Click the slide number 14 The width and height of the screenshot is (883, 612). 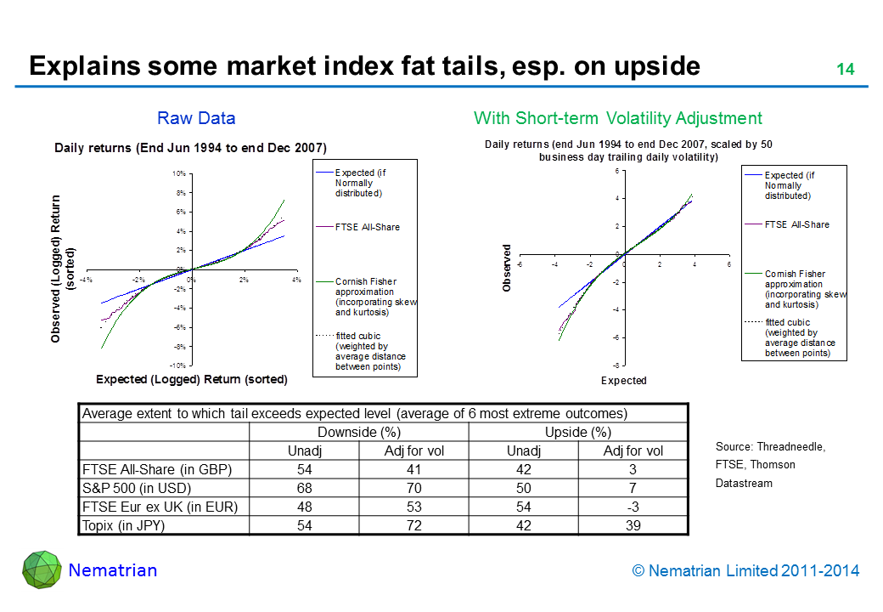click(845, 70)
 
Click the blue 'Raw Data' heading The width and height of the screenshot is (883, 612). click(196, 118)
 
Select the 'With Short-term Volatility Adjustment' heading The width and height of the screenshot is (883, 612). click(617, 118)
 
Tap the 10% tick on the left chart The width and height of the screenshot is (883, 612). click(179, 173)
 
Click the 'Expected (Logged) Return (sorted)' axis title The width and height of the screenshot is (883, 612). click(191, 379)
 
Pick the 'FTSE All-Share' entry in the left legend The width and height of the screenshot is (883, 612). click(367, 227)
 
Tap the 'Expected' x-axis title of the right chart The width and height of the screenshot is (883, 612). click(623, 381)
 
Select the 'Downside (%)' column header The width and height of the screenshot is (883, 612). click(358, 432)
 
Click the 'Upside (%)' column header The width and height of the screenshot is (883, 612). click(578, 432)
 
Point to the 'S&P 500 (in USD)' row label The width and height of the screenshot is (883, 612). click(136, 488)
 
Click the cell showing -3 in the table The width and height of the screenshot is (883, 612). click(633, 507)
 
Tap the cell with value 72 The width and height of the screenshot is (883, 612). click(413, 525)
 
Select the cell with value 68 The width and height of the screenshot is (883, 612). click(304, 488)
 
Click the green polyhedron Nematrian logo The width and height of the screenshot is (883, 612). click(42, 570)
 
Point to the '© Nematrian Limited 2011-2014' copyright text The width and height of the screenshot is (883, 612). click(745, 571)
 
